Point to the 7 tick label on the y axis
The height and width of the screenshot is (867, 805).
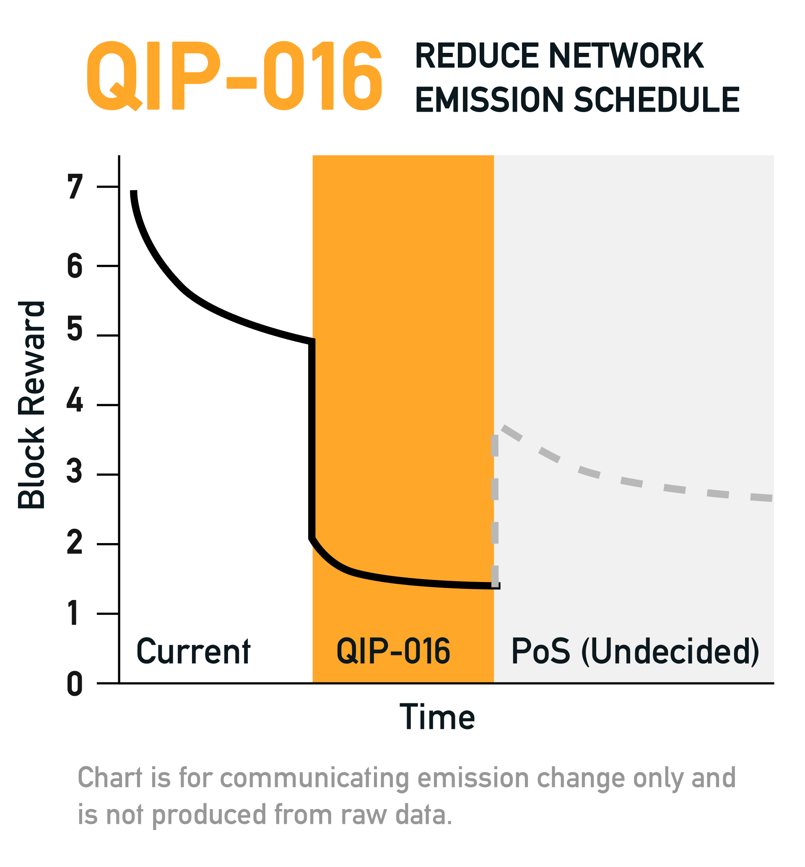click(75, 187)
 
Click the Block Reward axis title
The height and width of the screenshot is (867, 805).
click(31, 405)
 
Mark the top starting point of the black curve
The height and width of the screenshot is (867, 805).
click(134, 192)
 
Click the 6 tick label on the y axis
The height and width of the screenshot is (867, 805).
click(75, 266)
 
